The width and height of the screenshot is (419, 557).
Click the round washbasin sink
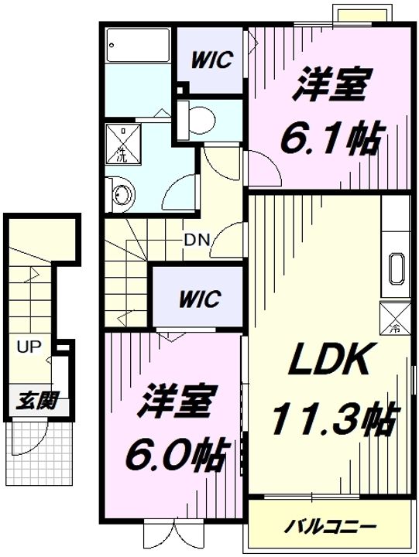tap(120, 193)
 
